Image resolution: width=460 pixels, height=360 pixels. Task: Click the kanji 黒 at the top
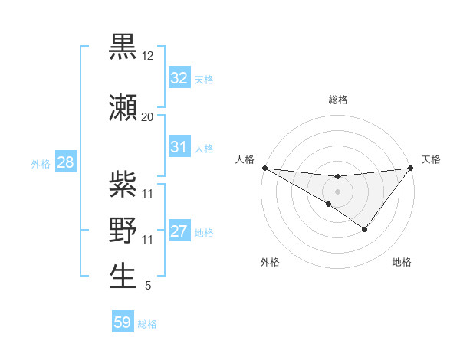(123, 47)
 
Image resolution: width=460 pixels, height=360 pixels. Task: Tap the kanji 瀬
(123, 107)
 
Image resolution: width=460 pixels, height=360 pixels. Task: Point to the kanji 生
(123, 276)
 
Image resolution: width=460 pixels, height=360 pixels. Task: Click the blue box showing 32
(179, 78)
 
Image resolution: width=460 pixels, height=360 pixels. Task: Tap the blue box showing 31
(179, 147)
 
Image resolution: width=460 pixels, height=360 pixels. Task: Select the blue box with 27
(179, 231)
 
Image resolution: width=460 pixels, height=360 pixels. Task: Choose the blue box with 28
(65, 162)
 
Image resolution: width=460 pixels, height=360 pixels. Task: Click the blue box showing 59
(123, 322)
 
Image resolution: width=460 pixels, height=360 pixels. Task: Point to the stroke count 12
(148, 56)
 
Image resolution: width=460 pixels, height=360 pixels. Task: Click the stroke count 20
(147, 117)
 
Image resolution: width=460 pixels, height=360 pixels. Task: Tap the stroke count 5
(147, 286)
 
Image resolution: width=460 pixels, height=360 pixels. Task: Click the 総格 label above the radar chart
(337, 100)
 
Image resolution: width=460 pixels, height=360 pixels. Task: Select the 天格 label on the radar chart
(432, 159)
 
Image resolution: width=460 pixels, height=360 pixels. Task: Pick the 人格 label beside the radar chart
(245, 159)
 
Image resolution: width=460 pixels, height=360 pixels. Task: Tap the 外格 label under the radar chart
(270, 262)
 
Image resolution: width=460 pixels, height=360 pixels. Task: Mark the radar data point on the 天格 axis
(410, 167)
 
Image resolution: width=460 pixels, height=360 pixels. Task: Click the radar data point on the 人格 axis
(264, 167)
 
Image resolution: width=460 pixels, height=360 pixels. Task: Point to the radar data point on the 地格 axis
(365, 229)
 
